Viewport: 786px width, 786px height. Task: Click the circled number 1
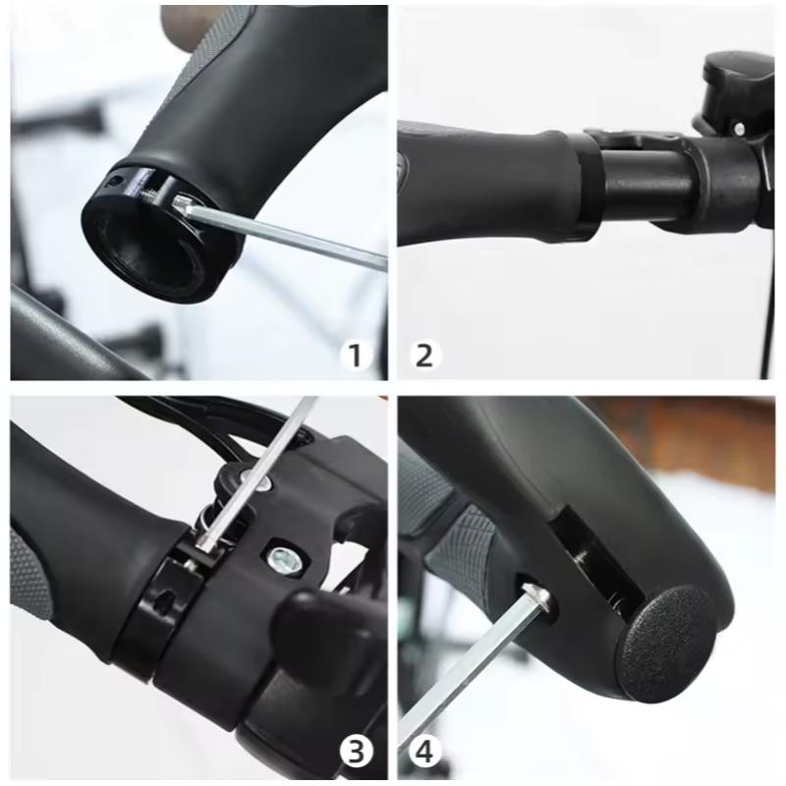pyautogui.click(x=355, y=355)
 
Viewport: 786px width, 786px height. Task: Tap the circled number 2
pyautogui.click(x=423, y=355)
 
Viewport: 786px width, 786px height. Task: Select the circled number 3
pyautogui.click(x=356, y=753)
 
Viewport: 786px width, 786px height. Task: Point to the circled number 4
pyautogui.click(x=424, y=753)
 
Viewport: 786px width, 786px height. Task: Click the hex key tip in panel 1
pyautogui.click(x=184, y=204)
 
